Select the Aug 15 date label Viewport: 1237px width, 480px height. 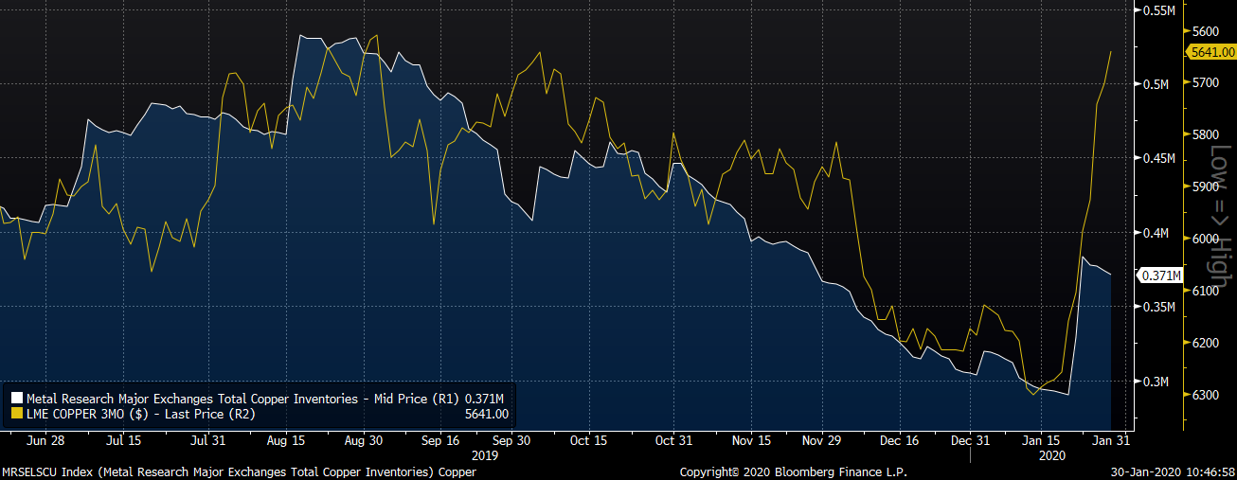point(286,440)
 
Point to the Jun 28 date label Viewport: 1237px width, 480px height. point(45,440)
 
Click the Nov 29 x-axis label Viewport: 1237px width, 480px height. point(821,440)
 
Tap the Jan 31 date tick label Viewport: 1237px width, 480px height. point(1110,440)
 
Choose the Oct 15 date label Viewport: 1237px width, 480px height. point(588,440)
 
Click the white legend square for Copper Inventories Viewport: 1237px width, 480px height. point(17,399)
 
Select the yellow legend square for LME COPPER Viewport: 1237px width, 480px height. point(17,414)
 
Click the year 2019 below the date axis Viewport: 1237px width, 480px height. point(484,454)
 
